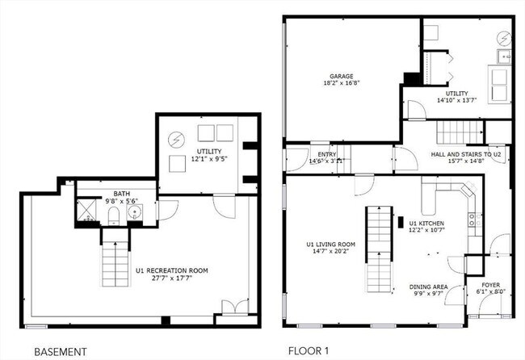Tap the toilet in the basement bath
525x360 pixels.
tap(115, 215)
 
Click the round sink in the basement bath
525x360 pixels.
tap(133, 214)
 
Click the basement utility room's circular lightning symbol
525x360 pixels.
tap(175, 140)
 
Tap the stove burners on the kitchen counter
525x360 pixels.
tap(476, 219)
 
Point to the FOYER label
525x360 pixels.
tap(490, 285)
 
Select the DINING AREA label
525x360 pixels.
tap(428, 287)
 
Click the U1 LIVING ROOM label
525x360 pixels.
tap(330, 244)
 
